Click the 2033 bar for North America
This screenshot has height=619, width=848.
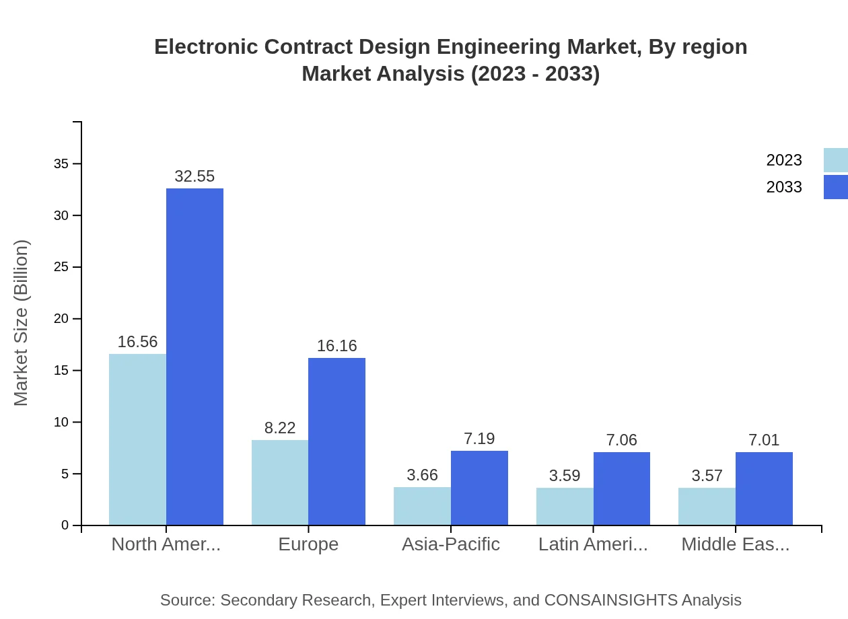pos(195,357)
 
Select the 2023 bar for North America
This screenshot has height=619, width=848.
pos(137,439)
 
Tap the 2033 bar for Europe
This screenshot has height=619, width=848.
pos(337,441)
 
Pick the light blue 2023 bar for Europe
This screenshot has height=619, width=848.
pos(280,482)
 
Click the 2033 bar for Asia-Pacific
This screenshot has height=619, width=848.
pos(479,488)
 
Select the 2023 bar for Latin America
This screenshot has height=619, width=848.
pos(565,506)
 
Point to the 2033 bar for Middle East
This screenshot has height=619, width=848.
pos(764,488)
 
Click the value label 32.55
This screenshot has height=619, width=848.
pos(195,176)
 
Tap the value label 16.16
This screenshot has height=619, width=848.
pos(337,346)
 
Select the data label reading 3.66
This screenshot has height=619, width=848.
pos(422,475)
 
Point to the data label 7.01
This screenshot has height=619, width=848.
pos(764,440)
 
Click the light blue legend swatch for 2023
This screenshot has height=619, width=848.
pos(835,160)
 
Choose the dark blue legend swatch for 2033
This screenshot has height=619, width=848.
pos(835,187)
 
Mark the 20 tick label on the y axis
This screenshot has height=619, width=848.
pos(61,319)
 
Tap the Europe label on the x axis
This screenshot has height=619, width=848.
pos(308,544)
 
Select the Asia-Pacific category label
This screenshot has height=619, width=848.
pos(450,544)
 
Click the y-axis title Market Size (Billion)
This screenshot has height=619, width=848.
pos(22,323)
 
